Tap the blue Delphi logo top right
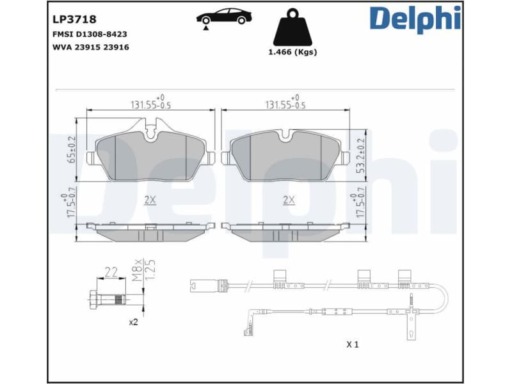point(415,19)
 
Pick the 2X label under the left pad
point(150,200)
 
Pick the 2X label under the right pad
point(289,200)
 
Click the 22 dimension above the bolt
point(111,272)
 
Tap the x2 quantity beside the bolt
point(133,322)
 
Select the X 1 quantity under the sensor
point(352,344)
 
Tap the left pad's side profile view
point(152,232)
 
